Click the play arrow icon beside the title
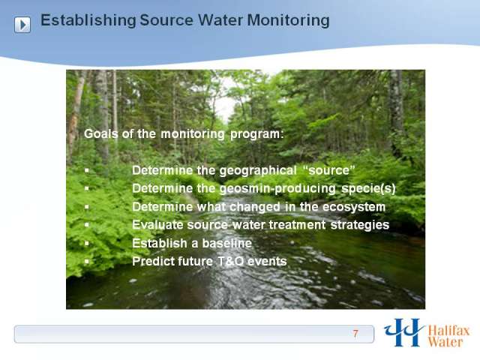[22, 25]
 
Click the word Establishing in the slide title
[88, 20]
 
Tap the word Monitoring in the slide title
[288, 20]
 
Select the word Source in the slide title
[166, 20]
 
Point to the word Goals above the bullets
[101, 133]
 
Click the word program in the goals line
[256, 134]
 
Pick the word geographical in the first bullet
[258, 170]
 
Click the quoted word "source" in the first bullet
[328, 170]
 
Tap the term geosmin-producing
[278, 189]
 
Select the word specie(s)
[368, 188]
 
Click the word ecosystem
[354, 207]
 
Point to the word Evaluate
[157, 225]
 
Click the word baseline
[227, 243]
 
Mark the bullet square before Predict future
[87, 262]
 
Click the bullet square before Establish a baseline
[87, 243]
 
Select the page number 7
[355, 333]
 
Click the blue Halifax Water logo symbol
[403, 332]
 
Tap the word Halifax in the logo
[448, 331]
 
